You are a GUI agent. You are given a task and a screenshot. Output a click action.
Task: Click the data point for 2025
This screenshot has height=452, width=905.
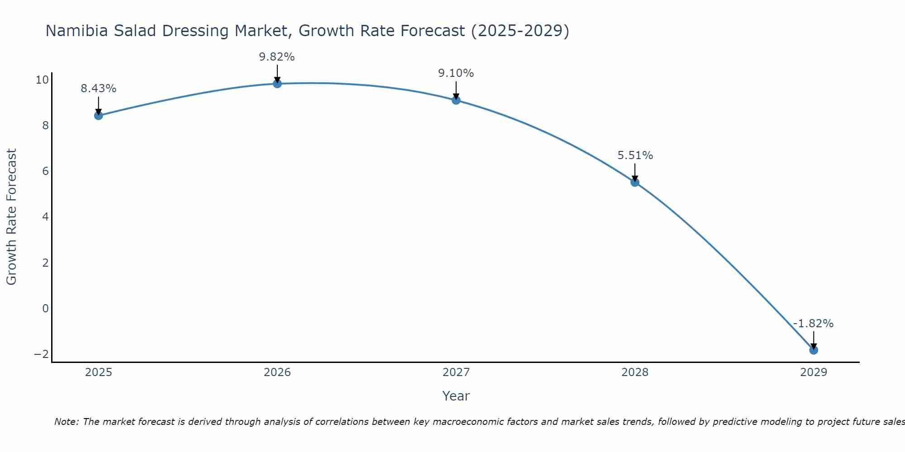tap(99, 115)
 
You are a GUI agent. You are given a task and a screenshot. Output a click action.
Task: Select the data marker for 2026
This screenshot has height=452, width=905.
tap(277, 84)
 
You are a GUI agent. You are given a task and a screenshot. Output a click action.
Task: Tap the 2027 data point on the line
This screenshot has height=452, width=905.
tap(456, 100)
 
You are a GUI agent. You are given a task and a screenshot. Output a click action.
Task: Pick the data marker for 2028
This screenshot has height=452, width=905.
tap(635, 182)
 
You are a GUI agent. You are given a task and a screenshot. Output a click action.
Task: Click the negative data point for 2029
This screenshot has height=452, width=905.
tap(814, 350)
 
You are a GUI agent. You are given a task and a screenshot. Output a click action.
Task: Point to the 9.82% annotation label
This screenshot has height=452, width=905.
tap(277, 57)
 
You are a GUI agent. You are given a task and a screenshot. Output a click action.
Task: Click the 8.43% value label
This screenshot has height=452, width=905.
tap(99, 89)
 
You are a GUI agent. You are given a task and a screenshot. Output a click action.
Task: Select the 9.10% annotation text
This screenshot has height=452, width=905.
tap(456, 73)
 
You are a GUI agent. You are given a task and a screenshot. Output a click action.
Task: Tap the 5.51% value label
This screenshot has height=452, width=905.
tap(635, 155)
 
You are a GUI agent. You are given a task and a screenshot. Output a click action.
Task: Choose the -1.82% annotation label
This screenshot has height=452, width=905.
tap(813, 324)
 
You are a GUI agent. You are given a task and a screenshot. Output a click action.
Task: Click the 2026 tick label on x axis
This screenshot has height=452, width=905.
tap(277, 372)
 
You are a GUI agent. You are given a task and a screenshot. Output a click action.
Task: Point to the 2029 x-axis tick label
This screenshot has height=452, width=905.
tap(814, 372)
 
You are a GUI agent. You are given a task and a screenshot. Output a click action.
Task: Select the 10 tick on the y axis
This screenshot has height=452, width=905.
tap(42, 80)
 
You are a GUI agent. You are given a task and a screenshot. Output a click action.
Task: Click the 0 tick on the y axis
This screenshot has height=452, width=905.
tap(45, 308)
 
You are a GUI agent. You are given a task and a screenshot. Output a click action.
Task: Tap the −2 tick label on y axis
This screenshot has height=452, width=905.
tap(42, 354)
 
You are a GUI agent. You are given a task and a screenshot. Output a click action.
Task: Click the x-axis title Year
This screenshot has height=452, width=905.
tap(456, 396)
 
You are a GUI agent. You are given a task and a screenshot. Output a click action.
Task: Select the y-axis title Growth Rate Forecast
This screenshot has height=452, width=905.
tap(12, 217)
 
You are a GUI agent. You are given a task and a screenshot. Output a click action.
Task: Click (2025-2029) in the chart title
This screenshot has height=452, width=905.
tap(520, 31)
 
